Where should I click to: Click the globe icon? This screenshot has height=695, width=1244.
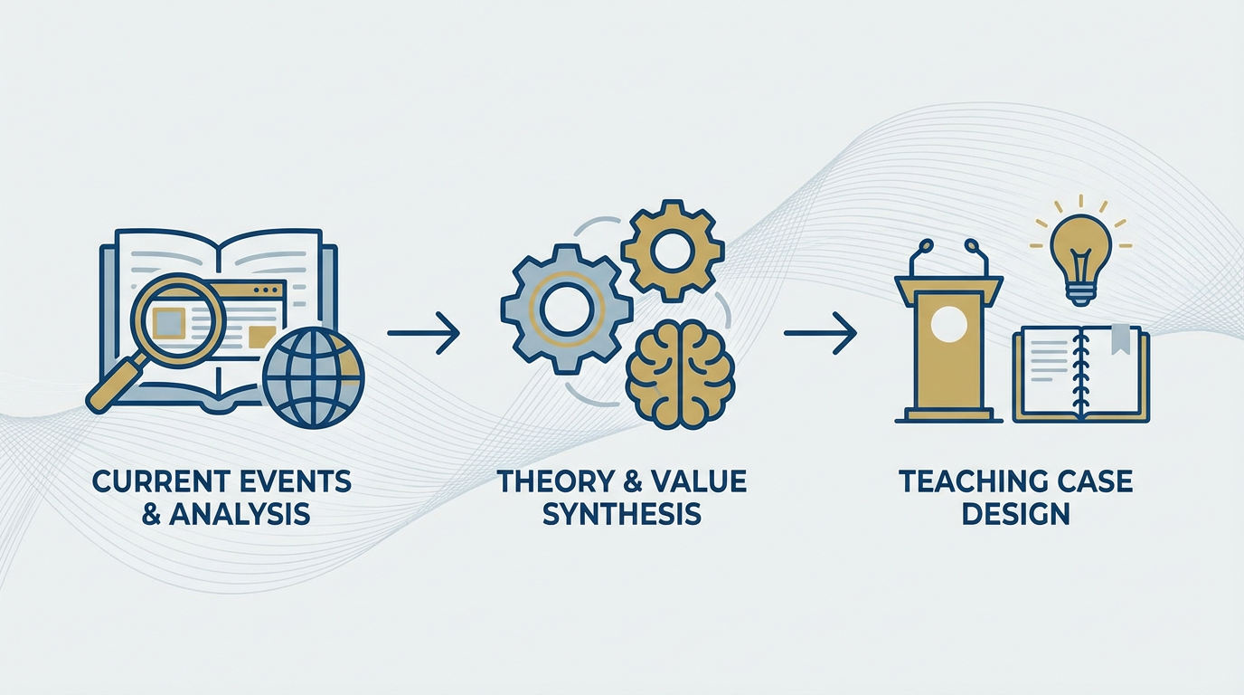[x=313, y=377]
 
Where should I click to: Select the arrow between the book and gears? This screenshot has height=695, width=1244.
[x=423, y=333]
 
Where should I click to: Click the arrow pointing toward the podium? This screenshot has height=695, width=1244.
[x=820, y=333]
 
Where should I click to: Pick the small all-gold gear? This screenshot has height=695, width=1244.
[x=673, y=252]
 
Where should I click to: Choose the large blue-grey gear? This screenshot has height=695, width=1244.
[x=567, y=309]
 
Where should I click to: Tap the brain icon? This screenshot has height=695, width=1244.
[x=680, y=377]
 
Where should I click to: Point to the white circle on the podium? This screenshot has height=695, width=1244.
[x=948, y=324]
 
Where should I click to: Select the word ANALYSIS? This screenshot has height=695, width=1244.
[x=240, y=514]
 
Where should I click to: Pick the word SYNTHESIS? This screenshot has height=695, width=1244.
[x=621, y=514]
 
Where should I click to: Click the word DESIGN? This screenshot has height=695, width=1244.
[x=1016, y=514]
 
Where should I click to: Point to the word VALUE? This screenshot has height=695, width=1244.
[x=699, y=481]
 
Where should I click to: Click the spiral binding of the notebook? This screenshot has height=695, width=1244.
[x=1079, y=372]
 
